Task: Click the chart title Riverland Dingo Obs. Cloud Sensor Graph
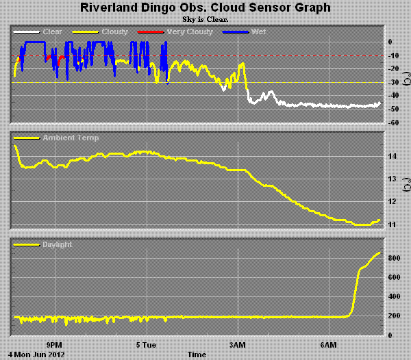pos(206,8)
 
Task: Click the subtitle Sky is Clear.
pos(206,19)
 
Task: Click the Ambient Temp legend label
pos(71,138)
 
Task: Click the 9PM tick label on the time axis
pos(54,344)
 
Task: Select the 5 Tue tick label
pos(146,344)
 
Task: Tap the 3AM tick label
pos(238,344)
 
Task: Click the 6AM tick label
pos(329,344)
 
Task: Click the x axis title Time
pos(197,355)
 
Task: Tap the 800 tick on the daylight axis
pos(393,258)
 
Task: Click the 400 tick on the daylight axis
pos(393,296)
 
